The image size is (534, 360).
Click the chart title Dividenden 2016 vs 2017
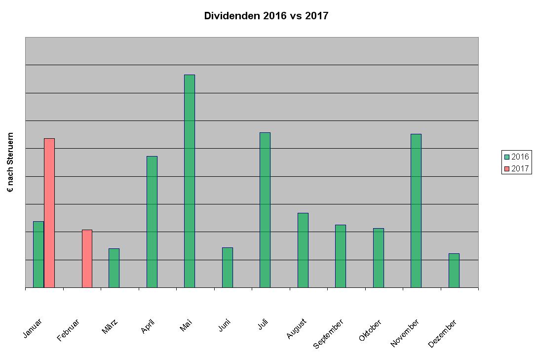click(x=266, y=16)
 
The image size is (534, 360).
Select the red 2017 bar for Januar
click(x=49, y=213)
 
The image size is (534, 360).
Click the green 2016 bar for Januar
click(x=38, y=254)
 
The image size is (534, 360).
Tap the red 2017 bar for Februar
click(x=87, y=259)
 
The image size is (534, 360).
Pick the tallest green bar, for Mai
click(x=190, y=181)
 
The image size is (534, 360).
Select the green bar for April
click(x=152, y=222)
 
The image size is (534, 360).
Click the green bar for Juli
click(x=265, y=210)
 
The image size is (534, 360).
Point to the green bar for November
click(x=416, y=211)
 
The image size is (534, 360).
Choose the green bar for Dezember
click(x=454, y=271)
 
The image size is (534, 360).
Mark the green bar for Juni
click(x=228, y=268)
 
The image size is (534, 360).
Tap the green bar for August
click(x=303, y=250)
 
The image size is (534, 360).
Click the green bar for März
click(x=114, y=268)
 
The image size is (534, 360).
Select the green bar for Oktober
click(x=379, y=258)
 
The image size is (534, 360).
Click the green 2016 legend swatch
click(x=506, y=157)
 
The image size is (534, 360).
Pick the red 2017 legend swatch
click(x=506, y=169)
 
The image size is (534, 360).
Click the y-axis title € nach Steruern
click(x=10, y=162)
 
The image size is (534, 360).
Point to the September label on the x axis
click(x=328, y=334)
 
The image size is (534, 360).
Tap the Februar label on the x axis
click(x=68, y=330)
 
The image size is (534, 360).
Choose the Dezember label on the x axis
click(x=442, y=333)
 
